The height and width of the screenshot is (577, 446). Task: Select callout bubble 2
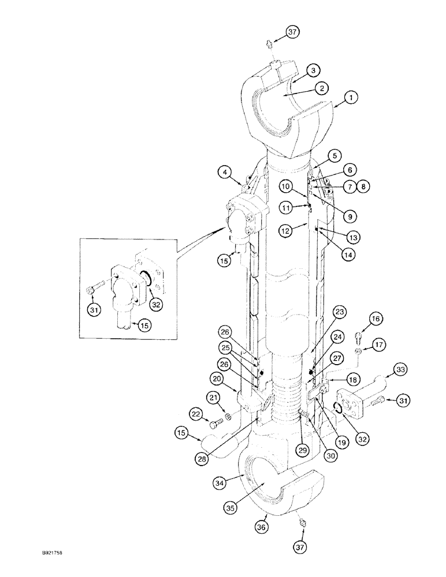click(322, 88)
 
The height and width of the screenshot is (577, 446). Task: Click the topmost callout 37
click(292, 32)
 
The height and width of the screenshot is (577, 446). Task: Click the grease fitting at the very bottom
click(302, 523)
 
